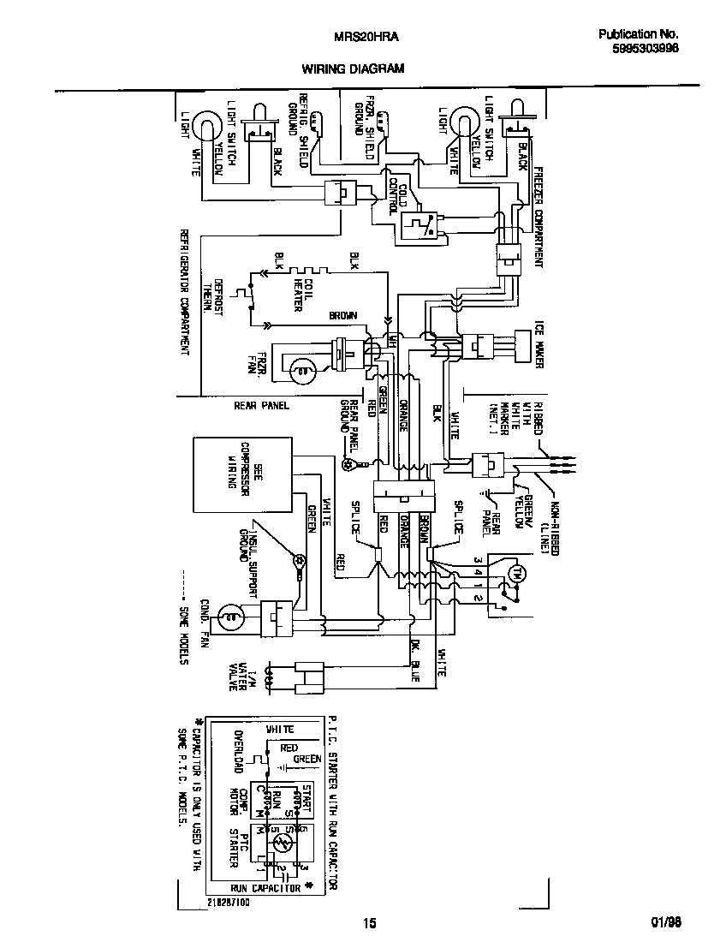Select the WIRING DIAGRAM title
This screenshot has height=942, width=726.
[x=352, y=69]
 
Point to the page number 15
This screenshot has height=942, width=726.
[x=368, y=923]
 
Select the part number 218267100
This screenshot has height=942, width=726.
[x=228, y=903]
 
